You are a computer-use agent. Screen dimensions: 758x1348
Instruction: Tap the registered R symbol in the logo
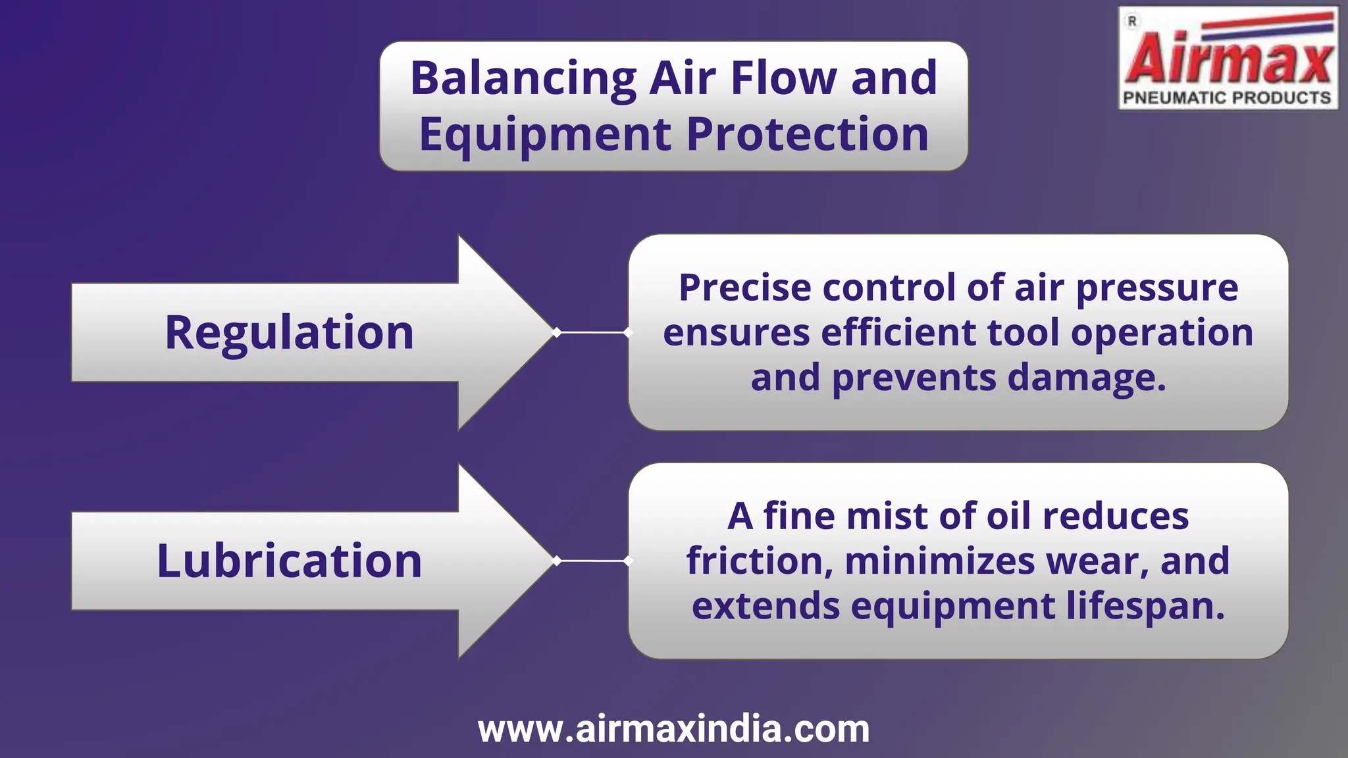pos(1132,22)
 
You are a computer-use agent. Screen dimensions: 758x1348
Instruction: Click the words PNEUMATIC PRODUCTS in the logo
pos(1227,98)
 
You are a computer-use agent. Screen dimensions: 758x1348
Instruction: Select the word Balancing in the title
pos(523,79)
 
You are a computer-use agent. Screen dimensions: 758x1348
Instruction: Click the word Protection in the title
pos(807,135)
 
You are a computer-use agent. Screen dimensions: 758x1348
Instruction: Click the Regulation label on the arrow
pos(289,333)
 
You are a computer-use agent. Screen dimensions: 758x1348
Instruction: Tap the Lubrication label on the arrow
pos(289,561)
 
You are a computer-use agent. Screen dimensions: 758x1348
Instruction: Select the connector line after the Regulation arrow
pos(592,332)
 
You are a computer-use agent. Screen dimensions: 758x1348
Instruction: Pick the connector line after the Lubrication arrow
pos(592,561)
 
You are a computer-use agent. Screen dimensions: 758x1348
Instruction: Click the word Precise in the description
pos(745,288)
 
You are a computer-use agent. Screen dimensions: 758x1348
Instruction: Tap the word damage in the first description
pos(1086,378)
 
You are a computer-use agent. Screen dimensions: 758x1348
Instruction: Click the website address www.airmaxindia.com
pos(673,729)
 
